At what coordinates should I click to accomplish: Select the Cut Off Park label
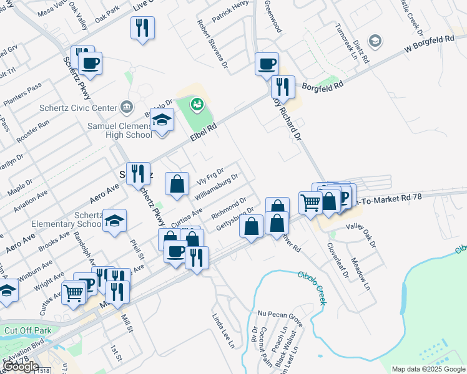pos(27,330)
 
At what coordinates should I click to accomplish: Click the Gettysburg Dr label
pos(234,219)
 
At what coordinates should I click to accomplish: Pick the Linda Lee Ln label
pos(226,331)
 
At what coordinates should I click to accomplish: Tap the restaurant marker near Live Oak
pos(142,28)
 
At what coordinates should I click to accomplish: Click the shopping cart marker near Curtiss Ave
pos(74,292)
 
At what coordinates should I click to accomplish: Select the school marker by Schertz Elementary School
pos(114,221)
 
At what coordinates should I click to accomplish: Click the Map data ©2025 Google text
pos(428,369)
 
